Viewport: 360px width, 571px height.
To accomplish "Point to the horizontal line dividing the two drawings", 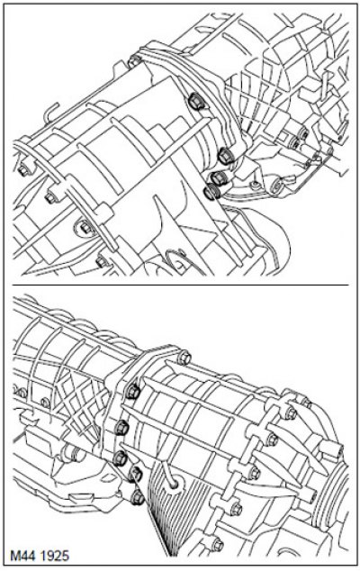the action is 181,285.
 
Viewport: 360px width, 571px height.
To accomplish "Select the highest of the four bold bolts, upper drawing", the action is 195,100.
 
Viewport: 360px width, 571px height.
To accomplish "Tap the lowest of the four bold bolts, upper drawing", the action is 211,192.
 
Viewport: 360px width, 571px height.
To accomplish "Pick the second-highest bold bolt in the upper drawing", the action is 225,156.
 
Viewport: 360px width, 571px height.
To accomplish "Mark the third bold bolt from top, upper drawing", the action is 218,177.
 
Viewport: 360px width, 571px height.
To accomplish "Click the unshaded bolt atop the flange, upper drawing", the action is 135,61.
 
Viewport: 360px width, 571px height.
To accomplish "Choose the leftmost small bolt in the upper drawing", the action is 22,169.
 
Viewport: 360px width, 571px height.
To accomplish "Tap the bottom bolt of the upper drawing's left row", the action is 102,261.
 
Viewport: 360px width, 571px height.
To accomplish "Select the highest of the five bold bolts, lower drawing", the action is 133,391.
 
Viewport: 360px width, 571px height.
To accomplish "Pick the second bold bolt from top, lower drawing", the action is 121,427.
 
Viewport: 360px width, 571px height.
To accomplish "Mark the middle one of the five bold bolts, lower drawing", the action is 119,458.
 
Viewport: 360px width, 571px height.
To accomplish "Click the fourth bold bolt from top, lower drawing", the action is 135,474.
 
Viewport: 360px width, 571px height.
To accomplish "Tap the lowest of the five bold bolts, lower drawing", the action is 137,497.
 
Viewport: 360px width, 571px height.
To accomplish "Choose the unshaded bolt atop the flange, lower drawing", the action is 184,358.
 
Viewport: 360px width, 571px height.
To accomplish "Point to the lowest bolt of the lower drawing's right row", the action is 217,545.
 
